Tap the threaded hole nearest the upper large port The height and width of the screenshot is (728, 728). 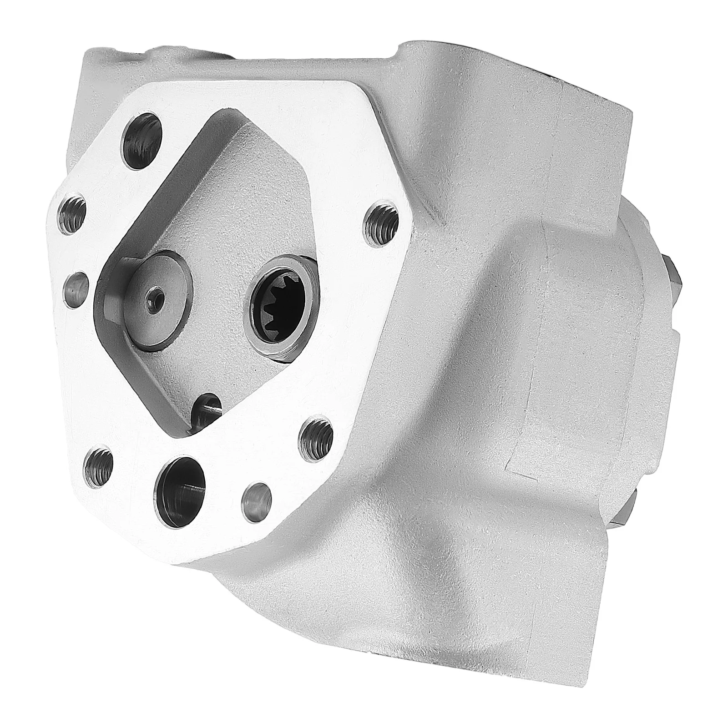(73, 211)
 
